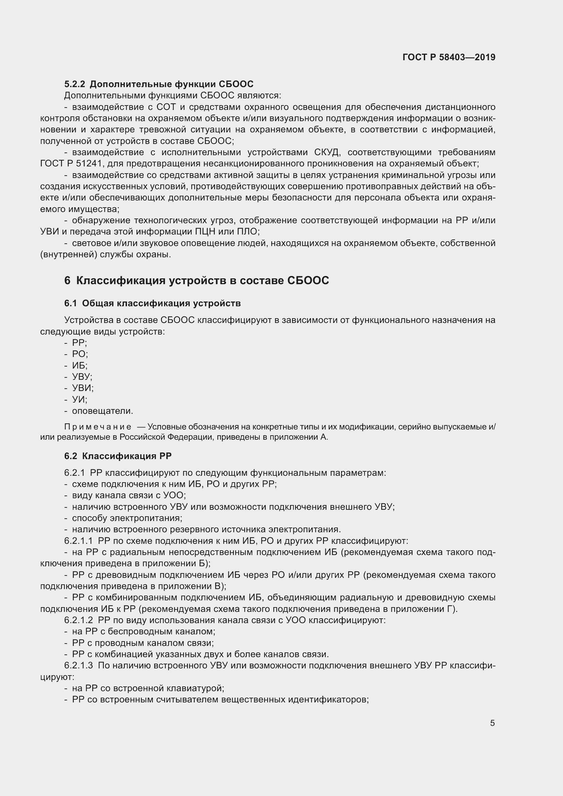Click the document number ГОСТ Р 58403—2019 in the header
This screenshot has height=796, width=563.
click(x=449, y=57)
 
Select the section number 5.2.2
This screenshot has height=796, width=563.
click(x=75, y=84)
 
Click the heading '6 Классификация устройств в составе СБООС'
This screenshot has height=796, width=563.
click(x=196, y=280)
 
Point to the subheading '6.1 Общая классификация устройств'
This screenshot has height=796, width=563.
click(x=152, y=303)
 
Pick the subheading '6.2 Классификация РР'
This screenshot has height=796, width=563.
click(x=118, y=456)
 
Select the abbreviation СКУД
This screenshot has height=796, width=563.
click(x=327, y=152)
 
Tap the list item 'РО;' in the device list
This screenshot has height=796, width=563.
click(x=80, y=354)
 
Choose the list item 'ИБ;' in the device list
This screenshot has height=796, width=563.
click(x=80, y=365)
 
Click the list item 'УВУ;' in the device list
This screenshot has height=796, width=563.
click(x=82, y=377)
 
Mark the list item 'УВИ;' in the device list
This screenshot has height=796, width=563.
click(x=83, y=388)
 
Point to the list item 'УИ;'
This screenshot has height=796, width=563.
click(x=80, y=400)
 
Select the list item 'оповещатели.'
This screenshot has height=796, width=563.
click(x=102, y=411)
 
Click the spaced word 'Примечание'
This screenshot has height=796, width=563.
click(x=98, y=427)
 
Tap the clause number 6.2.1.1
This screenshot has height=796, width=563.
click(x=78, y=541)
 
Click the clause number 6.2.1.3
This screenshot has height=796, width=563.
click(x=78, y=666)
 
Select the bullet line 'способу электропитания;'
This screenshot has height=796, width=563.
click(x=127, y=518)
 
